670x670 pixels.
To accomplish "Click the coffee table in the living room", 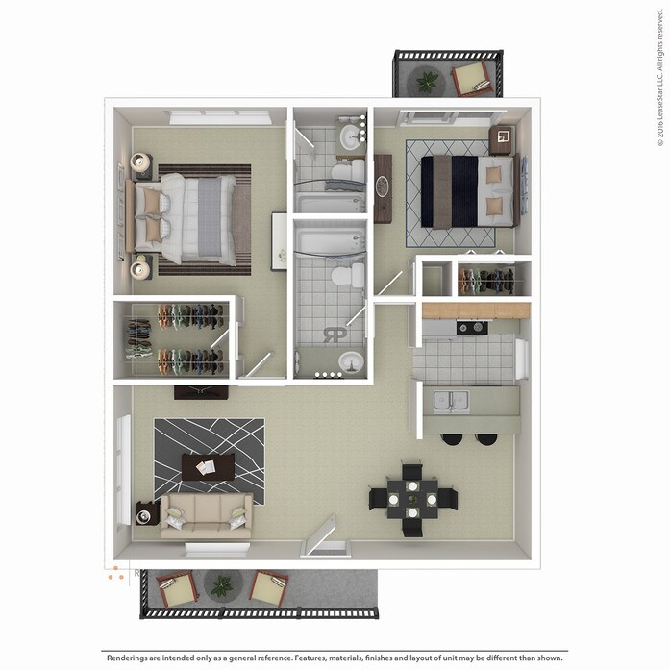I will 208,467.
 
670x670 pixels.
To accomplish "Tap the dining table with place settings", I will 411,499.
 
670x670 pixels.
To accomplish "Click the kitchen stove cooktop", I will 471,328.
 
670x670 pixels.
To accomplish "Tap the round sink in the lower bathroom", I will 350,362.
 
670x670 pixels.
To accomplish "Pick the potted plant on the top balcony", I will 427,82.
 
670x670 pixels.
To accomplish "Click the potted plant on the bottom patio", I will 222,584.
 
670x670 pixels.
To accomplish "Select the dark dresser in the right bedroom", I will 383,187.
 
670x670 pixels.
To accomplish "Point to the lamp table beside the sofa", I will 146,514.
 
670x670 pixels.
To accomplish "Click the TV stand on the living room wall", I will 201,391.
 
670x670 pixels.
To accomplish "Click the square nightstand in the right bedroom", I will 502,140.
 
